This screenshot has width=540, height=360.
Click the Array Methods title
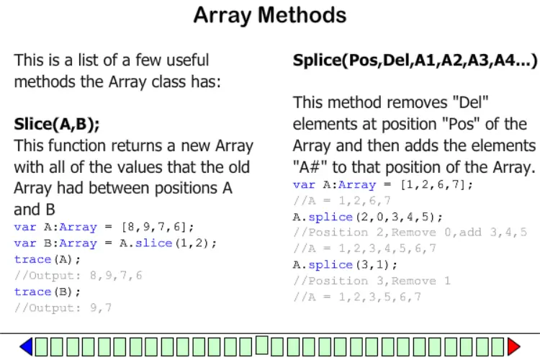pyautogui.click(x=270, y=16)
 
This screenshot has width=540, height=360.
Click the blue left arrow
pyautogui.click(x=27, y=346)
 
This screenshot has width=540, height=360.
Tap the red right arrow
pyautogui.click(x=513, y=346)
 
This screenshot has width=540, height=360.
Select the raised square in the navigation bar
pyautogui.click(x=262, y=345)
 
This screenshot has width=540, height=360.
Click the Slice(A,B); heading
pyautogui.click(x=57, y=124)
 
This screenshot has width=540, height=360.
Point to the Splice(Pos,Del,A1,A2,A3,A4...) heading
pyautogui.click(x=415, y=60)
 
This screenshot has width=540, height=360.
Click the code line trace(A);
pyautogui.click(x=48, y=259)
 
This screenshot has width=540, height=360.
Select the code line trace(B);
pyautogui.click(x=48, y=292)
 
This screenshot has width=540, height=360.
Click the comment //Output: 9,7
pyautogui.click(x=63, y=307)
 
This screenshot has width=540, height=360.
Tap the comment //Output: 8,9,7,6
pyautogui.click(x=78, y=276)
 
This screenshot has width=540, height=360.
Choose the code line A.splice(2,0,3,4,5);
pyautogui.click(x=367, y=217)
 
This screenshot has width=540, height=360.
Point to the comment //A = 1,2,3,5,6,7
pyautogui.click(x=357, y=297)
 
